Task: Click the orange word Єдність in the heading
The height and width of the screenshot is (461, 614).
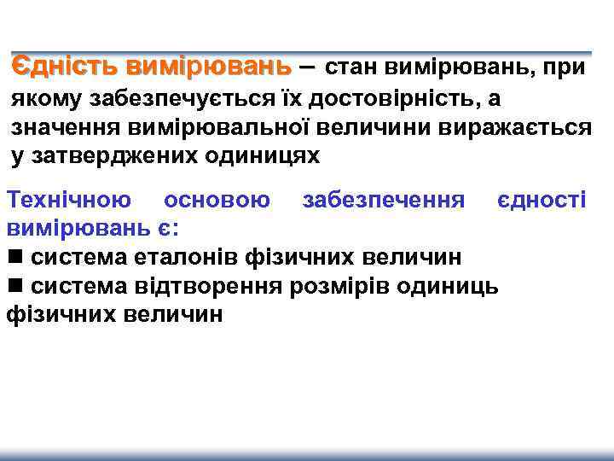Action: [x=64, y=66]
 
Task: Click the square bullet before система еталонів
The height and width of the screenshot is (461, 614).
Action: [x=14, y=257]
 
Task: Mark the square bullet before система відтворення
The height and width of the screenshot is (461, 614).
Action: [x=14, y=285]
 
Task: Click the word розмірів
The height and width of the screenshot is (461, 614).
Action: [x=333, y=284]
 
